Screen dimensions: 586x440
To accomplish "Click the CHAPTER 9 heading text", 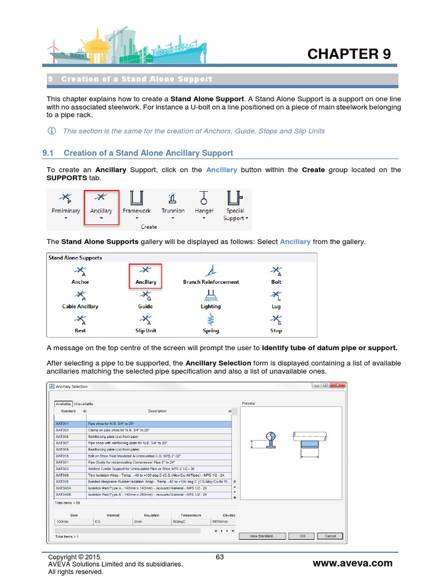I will (349, 54).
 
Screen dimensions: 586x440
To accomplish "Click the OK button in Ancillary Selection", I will (303, 536).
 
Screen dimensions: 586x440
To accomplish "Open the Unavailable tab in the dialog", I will (84, 404).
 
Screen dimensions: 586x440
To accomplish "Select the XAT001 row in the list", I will (143, 423).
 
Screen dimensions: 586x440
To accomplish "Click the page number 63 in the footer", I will (219, 557).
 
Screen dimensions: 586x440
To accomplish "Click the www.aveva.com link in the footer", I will (352, 563).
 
